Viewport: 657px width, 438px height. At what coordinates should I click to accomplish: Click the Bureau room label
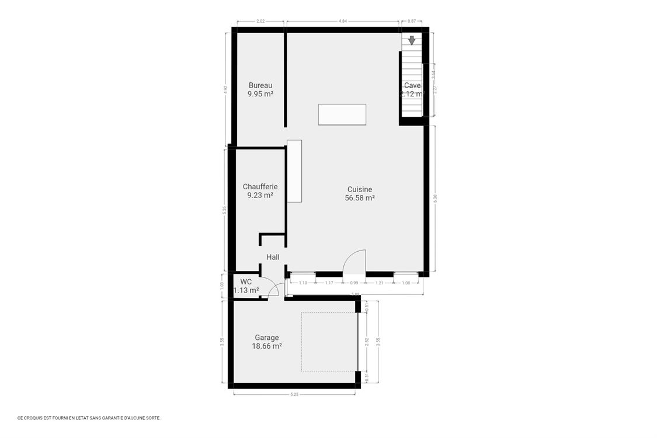coord(260,85)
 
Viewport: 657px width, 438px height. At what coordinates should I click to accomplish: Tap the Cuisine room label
coord(360,189)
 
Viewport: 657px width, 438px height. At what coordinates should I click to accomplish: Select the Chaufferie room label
coord(260,187)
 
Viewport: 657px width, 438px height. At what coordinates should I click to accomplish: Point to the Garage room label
coord(267,338)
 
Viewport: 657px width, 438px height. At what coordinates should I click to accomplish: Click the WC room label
coord(246,282)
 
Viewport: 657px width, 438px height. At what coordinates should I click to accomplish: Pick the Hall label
coord(273,257)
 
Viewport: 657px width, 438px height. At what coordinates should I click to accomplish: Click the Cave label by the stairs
coord(412,86)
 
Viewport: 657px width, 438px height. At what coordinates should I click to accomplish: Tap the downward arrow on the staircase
coord(412,40)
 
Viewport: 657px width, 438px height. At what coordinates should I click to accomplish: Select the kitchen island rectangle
coord(342,114)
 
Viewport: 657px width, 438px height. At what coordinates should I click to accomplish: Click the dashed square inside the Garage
coord(329,342)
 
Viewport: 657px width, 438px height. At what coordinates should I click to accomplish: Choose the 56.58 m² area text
coord(360,198)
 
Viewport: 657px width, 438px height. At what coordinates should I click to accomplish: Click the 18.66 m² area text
coord(267,346)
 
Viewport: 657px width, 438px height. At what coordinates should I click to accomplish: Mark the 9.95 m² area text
coord(260,94)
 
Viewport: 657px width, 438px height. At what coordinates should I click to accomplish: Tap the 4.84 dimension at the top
coord(343,22)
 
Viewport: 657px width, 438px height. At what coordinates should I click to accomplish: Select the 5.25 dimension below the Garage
coord(294,395)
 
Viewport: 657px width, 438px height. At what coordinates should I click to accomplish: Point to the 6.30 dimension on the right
coord(435,199)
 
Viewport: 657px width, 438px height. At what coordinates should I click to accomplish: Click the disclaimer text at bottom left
coord(89,418)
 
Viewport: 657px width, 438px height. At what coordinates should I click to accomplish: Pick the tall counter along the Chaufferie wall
coord(294,171)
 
